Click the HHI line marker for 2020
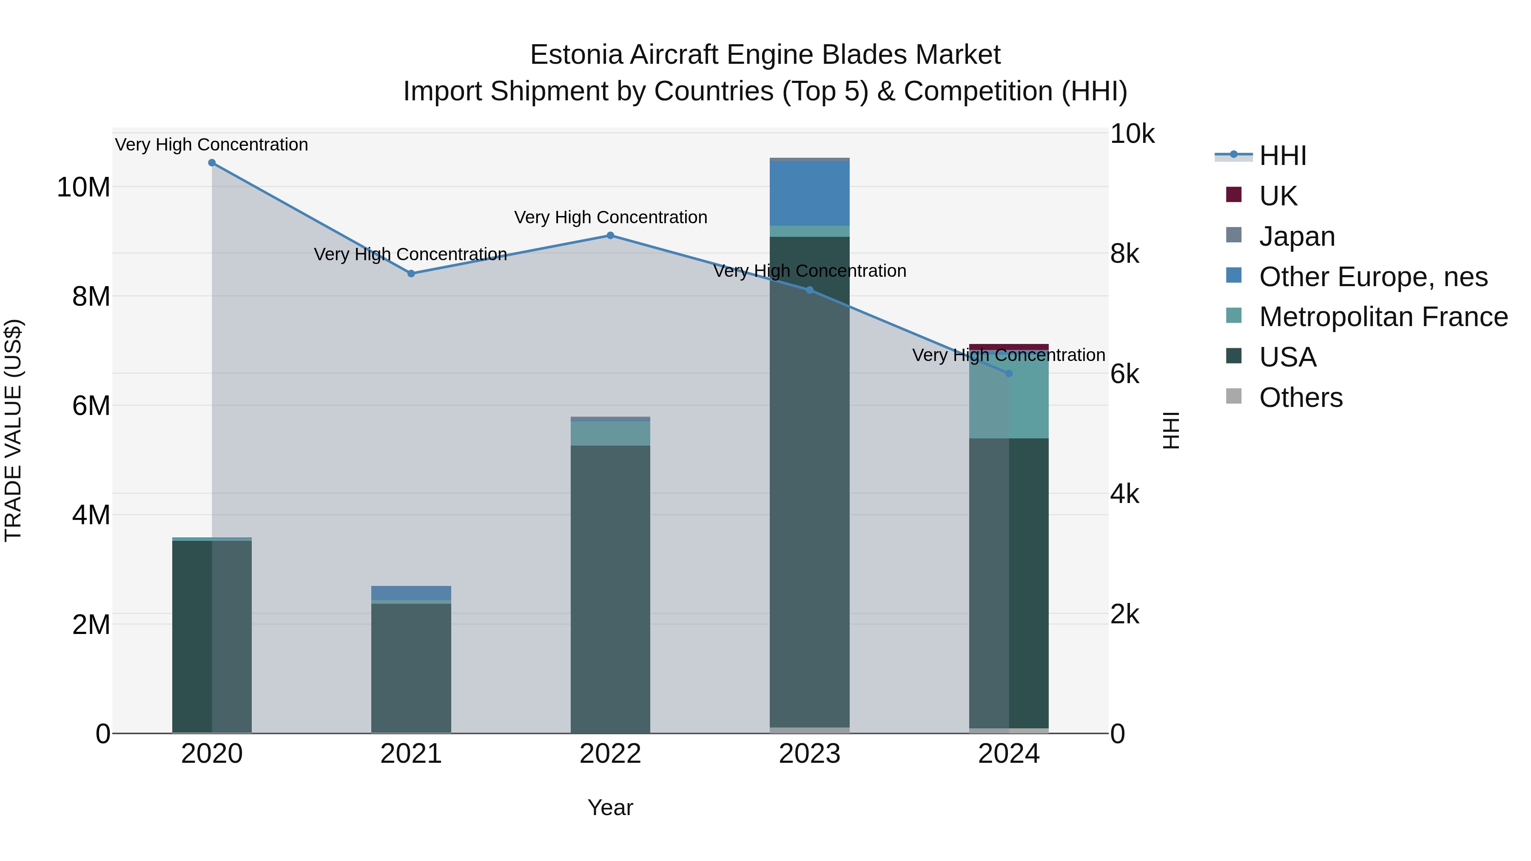click(212, 163)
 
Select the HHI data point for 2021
click(411, 273)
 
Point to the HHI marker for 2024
click(1009, 373)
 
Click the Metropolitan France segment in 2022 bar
click(610, 433)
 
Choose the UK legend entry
click(1278, 196)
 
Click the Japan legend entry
click(1297, 236)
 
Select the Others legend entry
click(1300, 398)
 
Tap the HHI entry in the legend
click(1283, 156)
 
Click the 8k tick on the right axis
click(1125, 254)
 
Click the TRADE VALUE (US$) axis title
click(13, 430)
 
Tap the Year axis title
click(610, 808)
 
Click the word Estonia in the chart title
click(577, 55)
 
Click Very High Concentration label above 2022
click(610, 217)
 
